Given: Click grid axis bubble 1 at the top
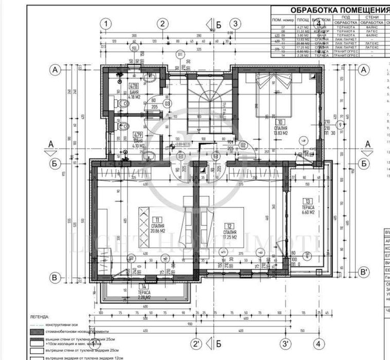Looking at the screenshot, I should pos(106,23).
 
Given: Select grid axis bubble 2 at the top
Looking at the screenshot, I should pos(162,23).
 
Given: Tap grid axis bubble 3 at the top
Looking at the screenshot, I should pos(234,23).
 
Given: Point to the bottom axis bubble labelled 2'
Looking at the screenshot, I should pos(196,344).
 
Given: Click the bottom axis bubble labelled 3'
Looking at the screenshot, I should pos(285,344).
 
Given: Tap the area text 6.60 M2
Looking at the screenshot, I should pos(308,212).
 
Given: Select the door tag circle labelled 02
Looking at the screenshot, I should pos(244,145).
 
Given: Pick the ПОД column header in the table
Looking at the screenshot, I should pos(345,17).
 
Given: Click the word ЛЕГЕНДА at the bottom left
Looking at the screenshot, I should pos(40,317).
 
